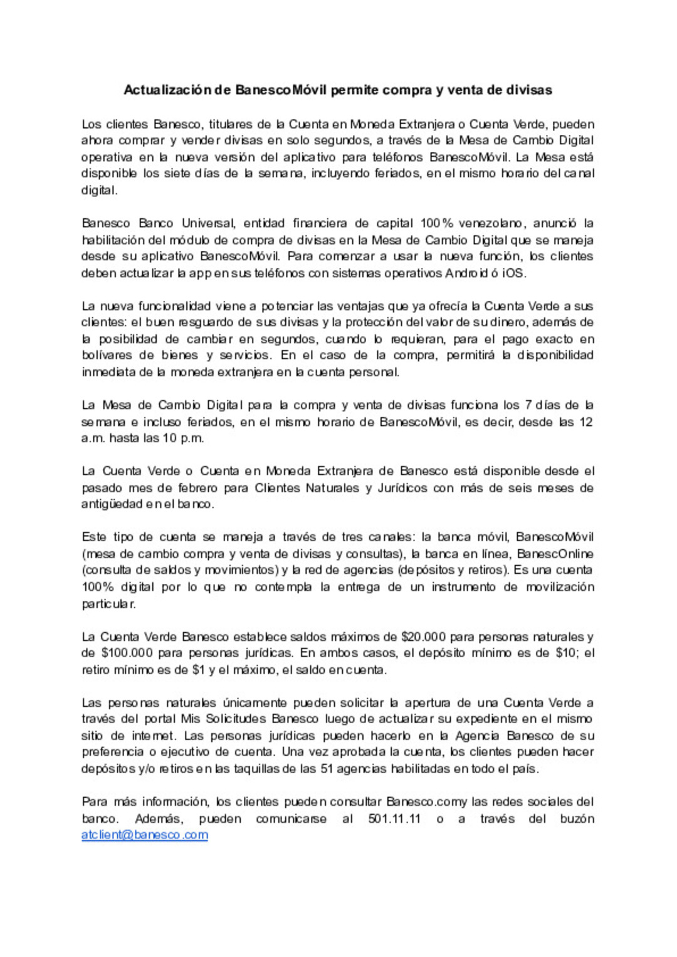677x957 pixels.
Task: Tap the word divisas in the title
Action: click(529, 90)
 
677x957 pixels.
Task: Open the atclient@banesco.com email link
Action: click(145, 835)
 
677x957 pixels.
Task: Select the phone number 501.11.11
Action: click(394, 818)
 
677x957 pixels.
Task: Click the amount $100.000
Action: click(127, 653)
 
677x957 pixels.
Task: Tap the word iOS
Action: click(513, 273)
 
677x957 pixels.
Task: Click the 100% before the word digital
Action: click(98, 587)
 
